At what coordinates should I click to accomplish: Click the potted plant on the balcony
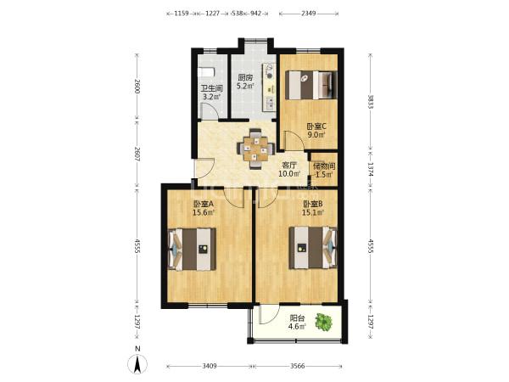tap(324, 323)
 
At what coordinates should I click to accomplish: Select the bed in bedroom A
tap(193, 249)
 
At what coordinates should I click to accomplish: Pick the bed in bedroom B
tap(313, 248)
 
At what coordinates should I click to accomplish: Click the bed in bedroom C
tap(311, 85)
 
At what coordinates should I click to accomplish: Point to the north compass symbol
tap(137, 362)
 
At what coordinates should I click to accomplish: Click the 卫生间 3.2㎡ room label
tap(211, 93)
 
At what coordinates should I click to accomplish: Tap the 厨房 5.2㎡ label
tap(245, 81)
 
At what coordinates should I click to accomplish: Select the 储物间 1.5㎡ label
tap(324, 171)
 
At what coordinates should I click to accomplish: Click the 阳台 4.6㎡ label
tap(297, 322)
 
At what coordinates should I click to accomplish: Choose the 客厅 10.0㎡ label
tap(289, 169)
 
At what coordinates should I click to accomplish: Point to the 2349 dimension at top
tap(309, 14)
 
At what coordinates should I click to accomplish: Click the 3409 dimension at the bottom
tap(210, 366)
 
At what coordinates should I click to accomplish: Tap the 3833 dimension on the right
tap(371, 102)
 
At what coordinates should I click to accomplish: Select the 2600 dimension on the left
tap(137, 86)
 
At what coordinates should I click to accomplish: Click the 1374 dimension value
tap(371, 170)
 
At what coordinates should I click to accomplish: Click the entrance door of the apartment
tap(204, 167)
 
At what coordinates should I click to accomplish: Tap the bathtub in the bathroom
tap(206, 72)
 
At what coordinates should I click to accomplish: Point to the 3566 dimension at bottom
tap(298, 366)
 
